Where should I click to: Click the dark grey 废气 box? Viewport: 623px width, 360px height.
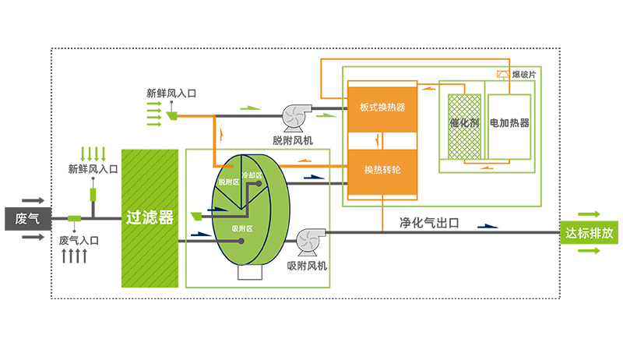[x=28, y=218]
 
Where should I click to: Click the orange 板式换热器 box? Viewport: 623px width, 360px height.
[x=382, y=107]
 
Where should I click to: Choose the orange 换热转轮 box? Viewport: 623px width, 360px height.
[x=382, y=169]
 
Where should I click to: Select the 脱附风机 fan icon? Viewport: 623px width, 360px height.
[x=297, y=115]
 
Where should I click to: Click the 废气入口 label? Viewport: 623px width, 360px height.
[x=79, y=241]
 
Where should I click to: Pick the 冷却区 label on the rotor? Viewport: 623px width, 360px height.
[x=252, y=175]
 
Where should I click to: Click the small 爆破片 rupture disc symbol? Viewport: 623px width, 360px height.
[x=503, y=74]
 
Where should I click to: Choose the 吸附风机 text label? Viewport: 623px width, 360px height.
[x=308, y=266]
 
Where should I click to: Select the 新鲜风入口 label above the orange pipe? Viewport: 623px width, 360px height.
[x=171, y=93]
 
